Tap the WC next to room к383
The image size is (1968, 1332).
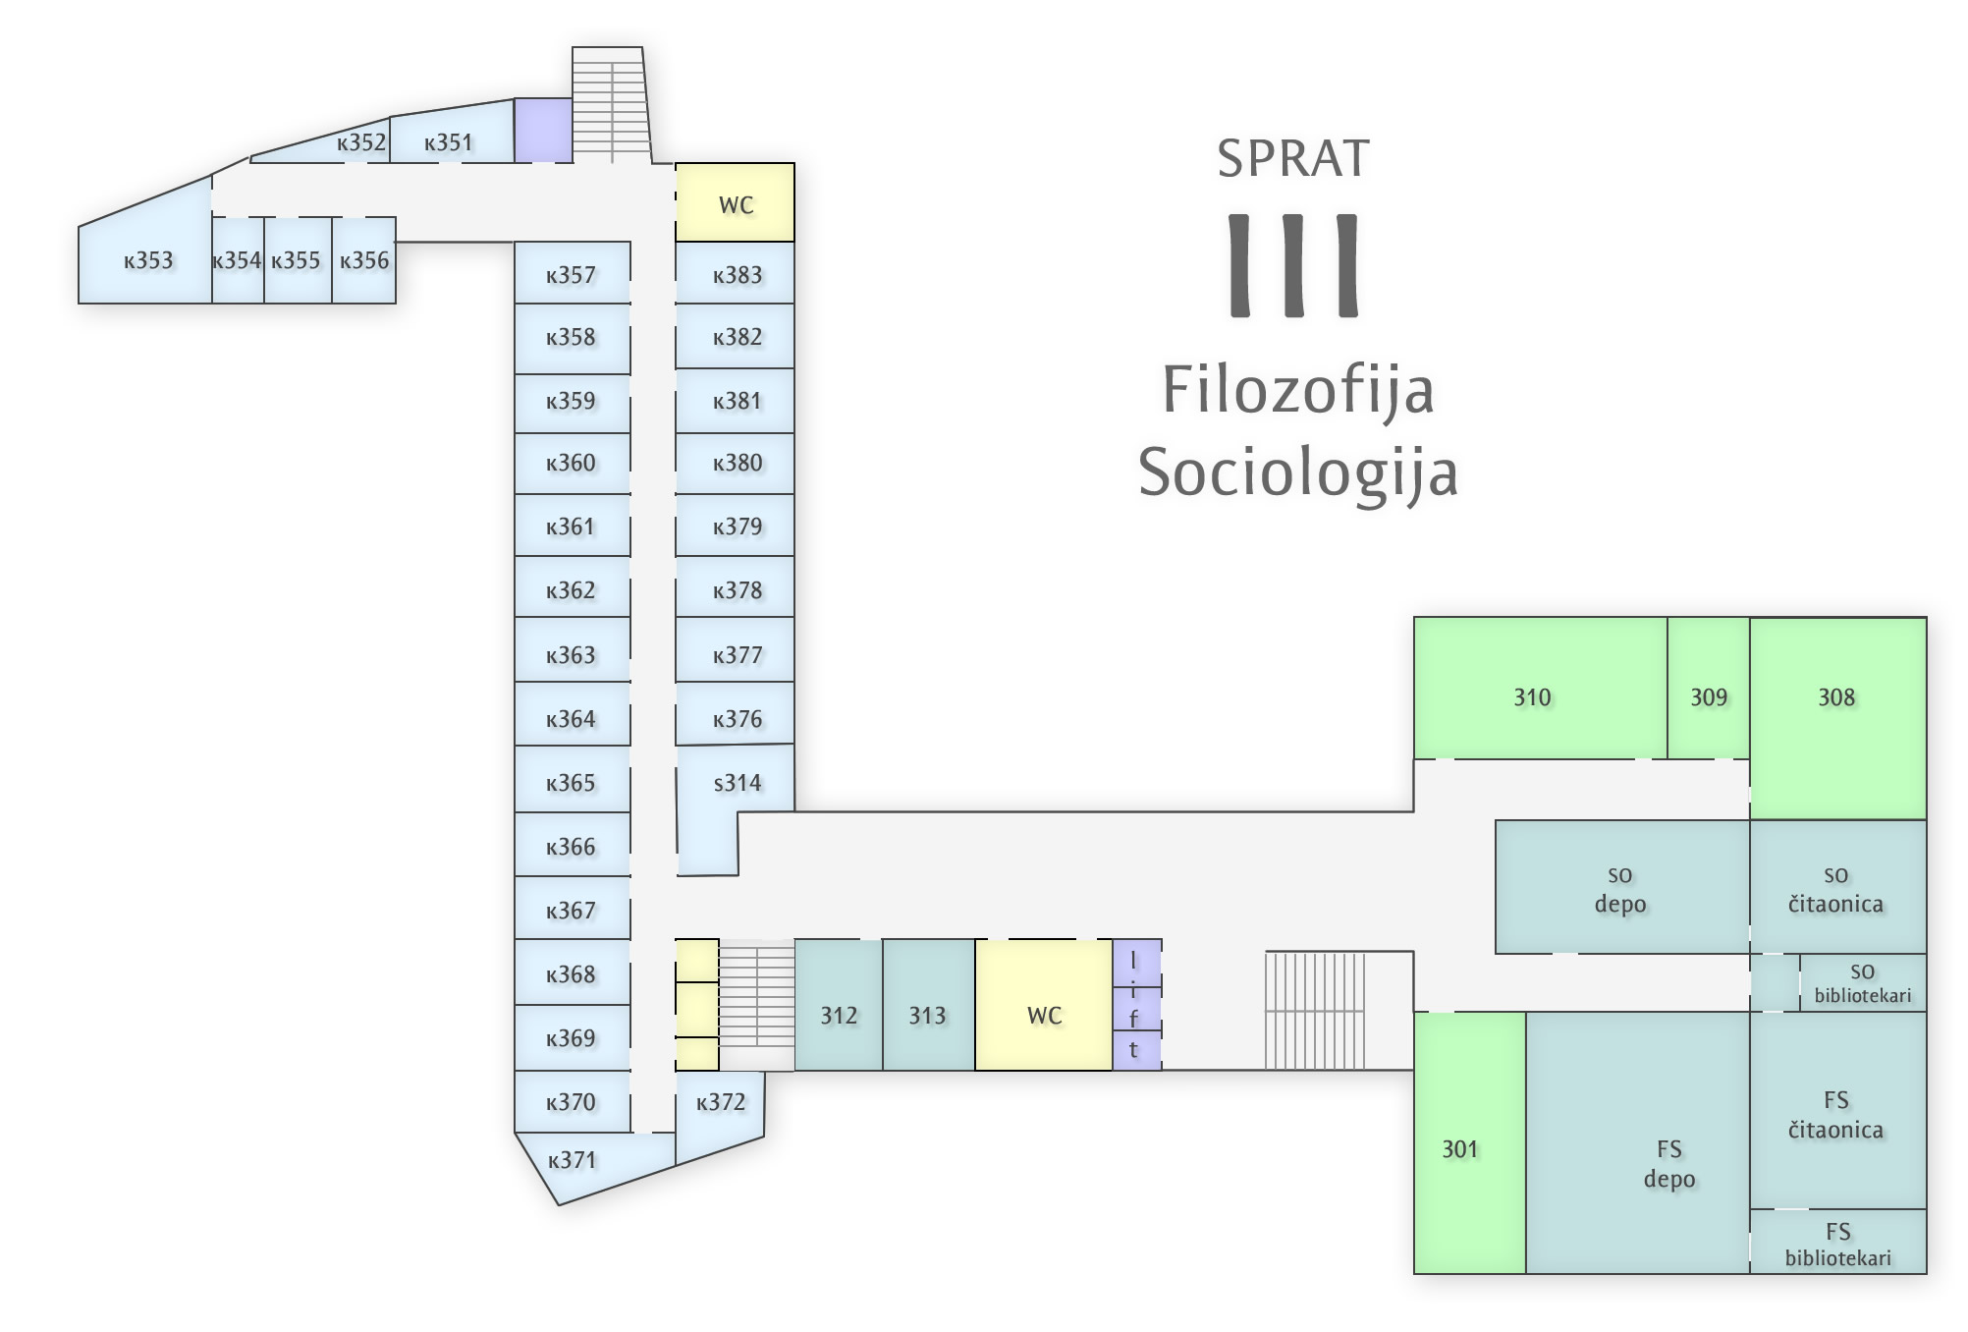pos(735,202)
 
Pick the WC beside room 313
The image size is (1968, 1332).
pos(1044,1005)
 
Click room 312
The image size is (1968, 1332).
pos(839,1005)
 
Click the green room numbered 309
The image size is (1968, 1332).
pos(1709,688)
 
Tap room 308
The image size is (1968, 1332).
pos(1837,717)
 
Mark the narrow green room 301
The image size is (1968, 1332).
pos(1470,1142)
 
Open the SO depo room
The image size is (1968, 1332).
pos(1622,887)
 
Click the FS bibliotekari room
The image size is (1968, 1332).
pos(1838,1242)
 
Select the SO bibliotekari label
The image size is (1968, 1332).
pos(1862,983)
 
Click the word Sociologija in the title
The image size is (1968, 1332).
pos(1298,473)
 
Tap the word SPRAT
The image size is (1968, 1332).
pos(1293,158)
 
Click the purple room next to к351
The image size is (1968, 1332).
pos(544,131)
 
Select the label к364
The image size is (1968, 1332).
pos(571,719)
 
